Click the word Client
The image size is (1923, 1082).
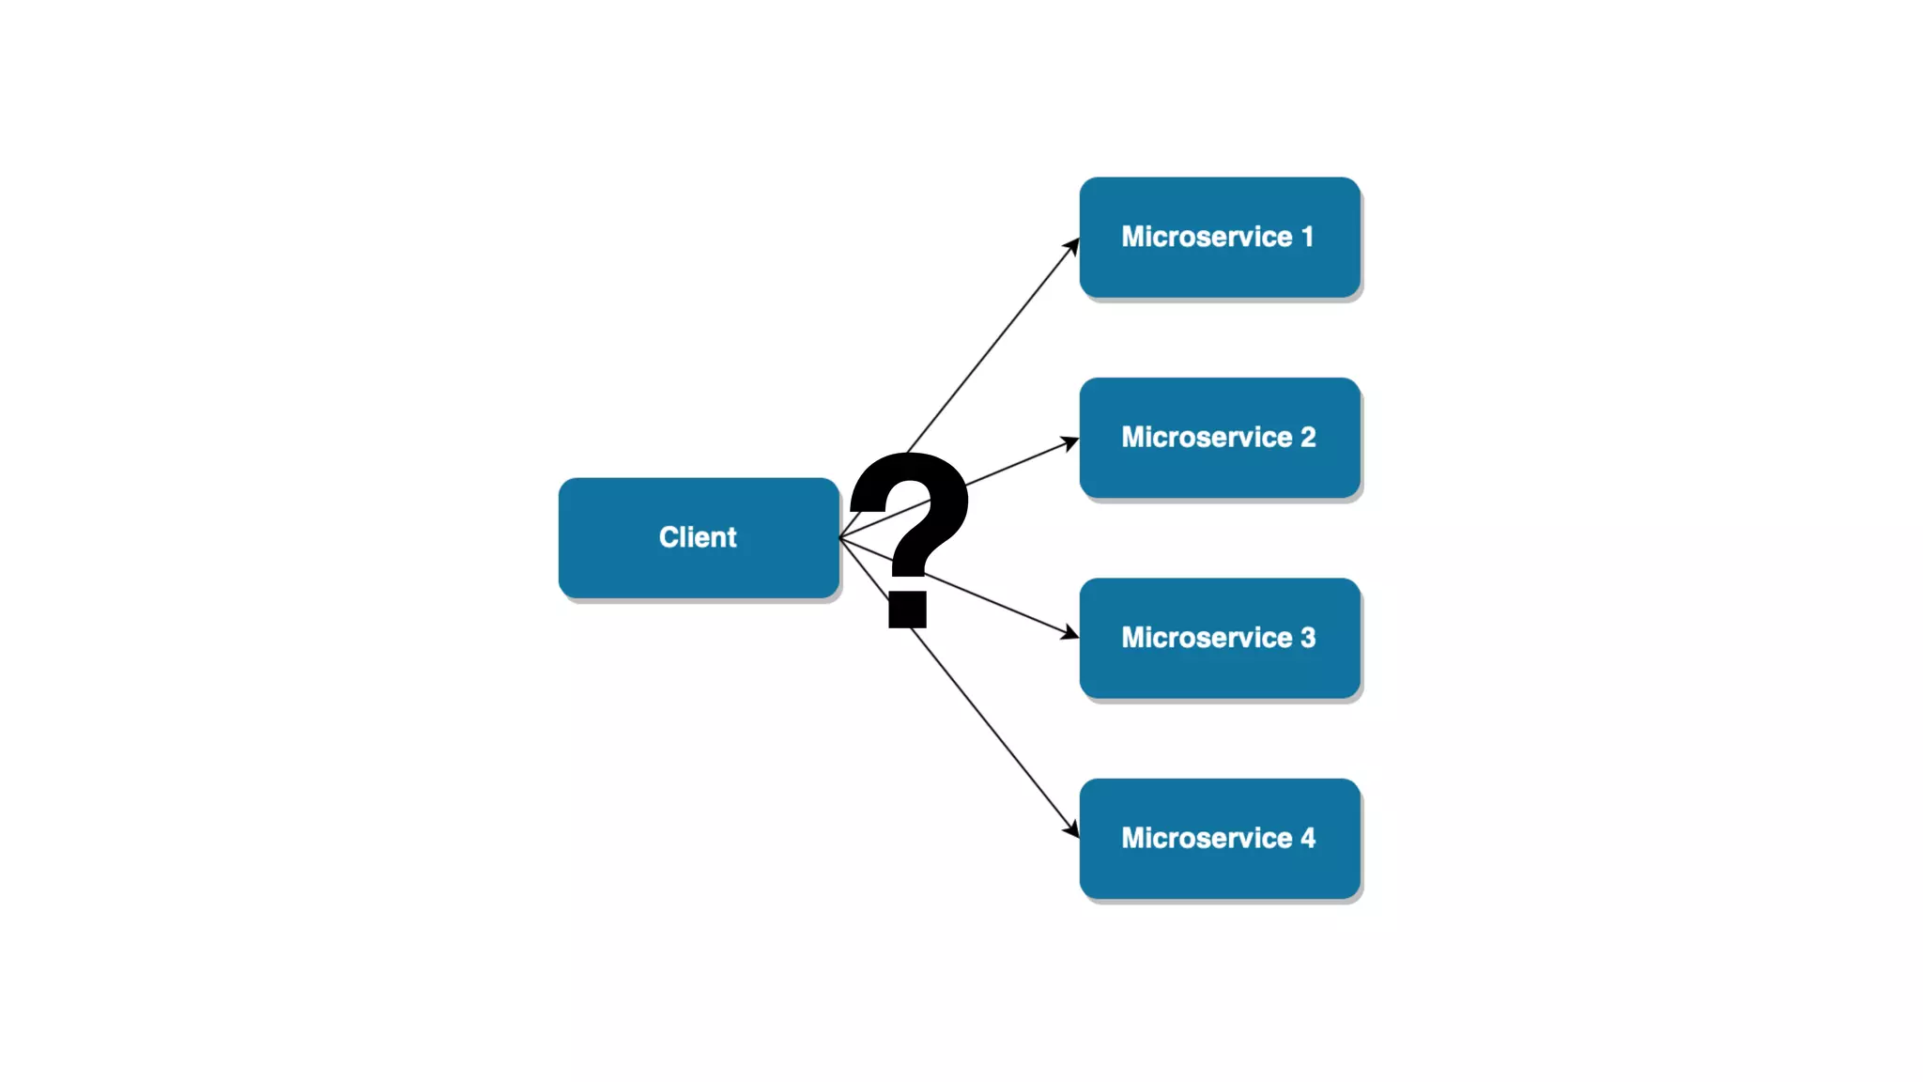698,537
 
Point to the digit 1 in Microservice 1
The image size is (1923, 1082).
1307,237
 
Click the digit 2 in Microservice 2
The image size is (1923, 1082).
1308,437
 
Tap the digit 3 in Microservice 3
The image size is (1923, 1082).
1308,638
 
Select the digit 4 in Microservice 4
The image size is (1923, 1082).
1308,838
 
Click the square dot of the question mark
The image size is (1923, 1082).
908,610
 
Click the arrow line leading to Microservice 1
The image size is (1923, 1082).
995,343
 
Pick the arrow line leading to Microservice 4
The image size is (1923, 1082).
995,733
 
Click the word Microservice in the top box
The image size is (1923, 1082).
1207,237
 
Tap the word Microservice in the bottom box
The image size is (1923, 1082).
1207,838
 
